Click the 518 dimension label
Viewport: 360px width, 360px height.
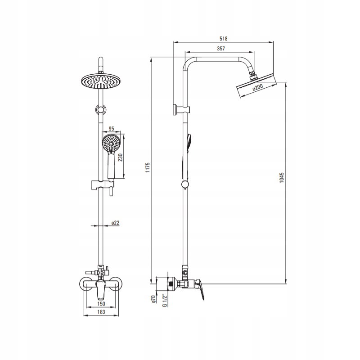click(x=223, y=39)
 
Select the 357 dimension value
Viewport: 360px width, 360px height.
click(x=221, y=49)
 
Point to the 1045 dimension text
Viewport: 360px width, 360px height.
click(x=282, y=178)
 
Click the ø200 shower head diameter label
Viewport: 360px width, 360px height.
click(x=257, y=87)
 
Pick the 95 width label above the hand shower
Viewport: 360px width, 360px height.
click(x=111, y=129)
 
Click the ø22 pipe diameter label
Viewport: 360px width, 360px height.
click(x=116, y=223)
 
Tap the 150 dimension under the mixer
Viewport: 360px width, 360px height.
click(x=101, y=304)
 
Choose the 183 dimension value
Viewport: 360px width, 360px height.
click(x=101, y=311)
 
